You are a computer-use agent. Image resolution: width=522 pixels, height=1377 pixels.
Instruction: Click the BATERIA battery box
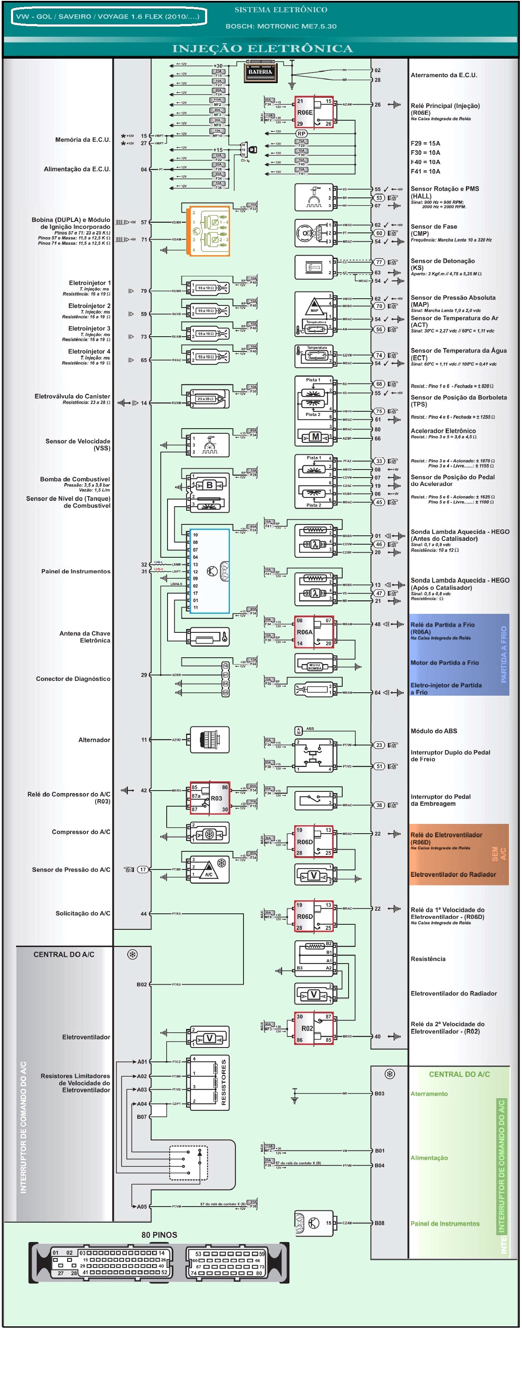(x=260, y=72)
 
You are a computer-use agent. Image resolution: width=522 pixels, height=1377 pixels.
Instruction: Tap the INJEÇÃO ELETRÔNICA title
(x=262, y=49)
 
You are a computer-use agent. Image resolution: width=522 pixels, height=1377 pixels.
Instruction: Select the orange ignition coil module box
(x=208, y=231)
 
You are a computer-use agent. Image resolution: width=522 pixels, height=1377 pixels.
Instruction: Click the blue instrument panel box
(x=209, y=571)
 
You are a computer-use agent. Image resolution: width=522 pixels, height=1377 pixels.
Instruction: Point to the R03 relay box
(x=210, y=798)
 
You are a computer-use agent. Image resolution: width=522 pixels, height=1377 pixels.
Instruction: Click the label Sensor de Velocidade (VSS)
(x=78, y=445)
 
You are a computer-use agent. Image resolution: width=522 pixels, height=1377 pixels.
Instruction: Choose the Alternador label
(x=94, y=740)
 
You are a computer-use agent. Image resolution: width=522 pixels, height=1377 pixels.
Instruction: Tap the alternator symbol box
(x=210, y=740)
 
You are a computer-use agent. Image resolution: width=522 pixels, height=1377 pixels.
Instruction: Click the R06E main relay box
(x=314, y=112)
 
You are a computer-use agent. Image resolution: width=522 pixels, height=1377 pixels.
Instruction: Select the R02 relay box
(x=314, y=1028)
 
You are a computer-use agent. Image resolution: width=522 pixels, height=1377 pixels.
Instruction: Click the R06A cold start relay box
(x=314, y=632)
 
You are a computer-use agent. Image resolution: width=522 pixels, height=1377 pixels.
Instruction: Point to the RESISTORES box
(x=210, y=1083)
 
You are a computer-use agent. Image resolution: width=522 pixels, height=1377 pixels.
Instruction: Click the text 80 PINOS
(x=159, y=1235)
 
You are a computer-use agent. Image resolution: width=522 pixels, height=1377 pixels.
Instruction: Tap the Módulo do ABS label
(x=434, y=731)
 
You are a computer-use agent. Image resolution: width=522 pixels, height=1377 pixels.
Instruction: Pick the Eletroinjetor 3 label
(x=89, y=328)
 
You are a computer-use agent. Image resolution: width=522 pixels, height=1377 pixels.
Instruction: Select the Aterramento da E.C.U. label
(x=444, y=76)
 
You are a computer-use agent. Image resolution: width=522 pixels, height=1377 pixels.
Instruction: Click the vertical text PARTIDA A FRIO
(x=503, y=654)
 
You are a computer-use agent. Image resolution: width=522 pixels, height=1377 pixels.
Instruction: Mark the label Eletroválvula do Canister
(x=72, y=396)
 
